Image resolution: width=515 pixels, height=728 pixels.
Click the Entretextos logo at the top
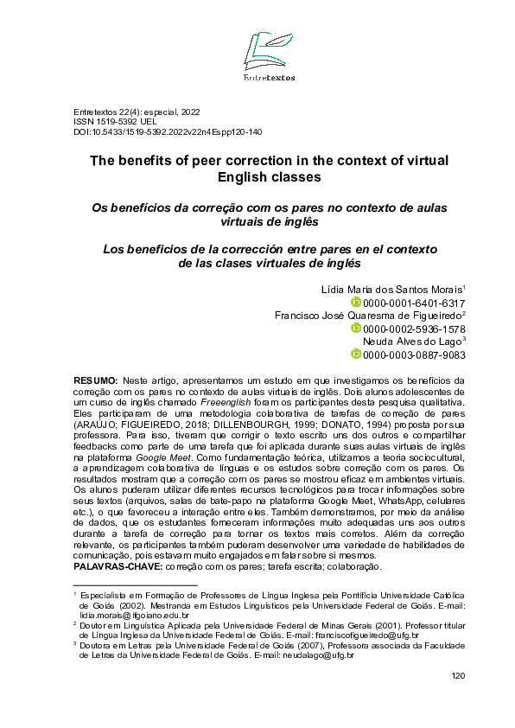[269, 56]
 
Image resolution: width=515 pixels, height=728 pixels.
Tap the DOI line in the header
[168, 132]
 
